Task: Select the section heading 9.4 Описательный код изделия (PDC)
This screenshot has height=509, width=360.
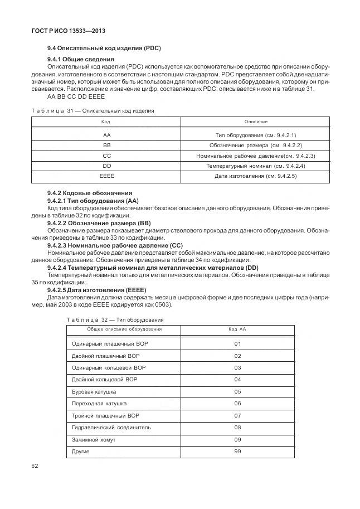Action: pyautogui.click(x=104, y=49)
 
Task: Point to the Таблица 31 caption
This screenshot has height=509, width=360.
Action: pyautogui.click(x=93, y=110)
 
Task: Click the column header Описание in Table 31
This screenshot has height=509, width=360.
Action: pyautogui.click(x=256, y=122)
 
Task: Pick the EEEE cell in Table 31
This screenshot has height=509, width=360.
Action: pyautogui.click(x=106, y=176)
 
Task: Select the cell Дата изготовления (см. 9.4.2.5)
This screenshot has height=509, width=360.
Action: pyautogui.click(x=256, y=176)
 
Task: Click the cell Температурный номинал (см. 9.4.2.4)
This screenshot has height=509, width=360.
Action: pyautogui.click(x=256, y=166)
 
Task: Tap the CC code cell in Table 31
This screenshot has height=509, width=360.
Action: pyautogui.click(x=106, y=156)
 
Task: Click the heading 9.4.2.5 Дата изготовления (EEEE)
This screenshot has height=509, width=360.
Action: pyautogui.click(x=96, y=290)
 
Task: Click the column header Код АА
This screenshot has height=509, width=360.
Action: pyautogui.click(x=237, y=329)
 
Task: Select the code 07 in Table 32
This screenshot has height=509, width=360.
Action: pyautogui.click(x=237, y=415)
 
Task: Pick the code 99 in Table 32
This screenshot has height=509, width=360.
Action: pyautogui.click(x=237, y=451)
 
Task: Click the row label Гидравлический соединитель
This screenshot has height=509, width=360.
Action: pyautogui.click(x=104, y=428)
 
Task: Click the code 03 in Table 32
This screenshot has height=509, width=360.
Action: pyautogui.click(x=237, y=368)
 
